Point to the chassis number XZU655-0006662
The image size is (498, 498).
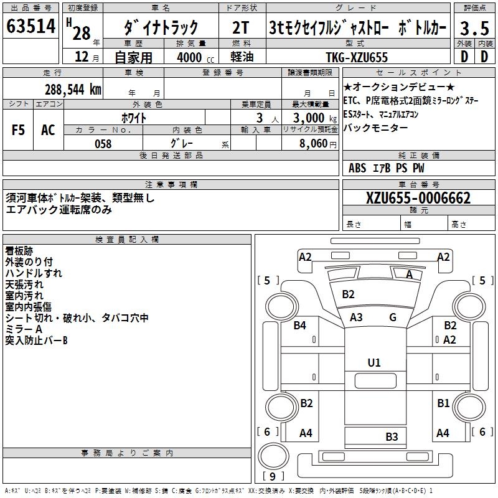pos(418,199)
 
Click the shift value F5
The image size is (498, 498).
pos(18,129)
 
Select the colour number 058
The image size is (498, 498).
pos(103,144)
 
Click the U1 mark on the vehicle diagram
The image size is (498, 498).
pos(374,362)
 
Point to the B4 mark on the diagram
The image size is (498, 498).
pos(300,325)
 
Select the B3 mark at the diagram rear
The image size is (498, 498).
pos(392,436)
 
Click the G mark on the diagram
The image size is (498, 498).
pos(393,317)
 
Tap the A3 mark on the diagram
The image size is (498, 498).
pos(356,317)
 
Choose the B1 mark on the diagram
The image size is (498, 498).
pos(443,403)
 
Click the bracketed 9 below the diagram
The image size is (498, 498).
pos(273,477)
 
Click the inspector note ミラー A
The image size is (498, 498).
pos(24,329)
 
